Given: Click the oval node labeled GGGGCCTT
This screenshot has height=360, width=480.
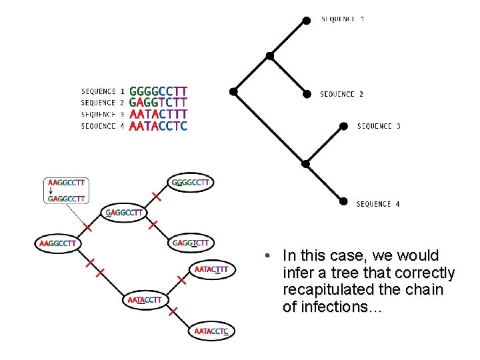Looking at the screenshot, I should pos(191,182).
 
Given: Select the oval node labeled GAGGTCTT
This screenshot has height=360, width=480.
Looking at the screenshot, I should pos(191,243).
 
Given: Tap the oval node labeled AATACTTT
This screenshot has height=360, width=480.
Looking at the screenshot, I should pos(212,269).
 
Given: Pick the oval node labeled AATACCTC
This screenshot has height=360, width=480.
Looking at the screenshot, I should pos(212,331).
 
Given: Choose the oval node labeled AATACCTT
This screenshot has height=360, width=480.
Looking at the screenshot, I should pos(145,300).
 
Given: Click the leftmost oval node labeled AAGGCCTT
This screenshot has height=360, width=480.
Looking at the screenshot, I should pos(58,243).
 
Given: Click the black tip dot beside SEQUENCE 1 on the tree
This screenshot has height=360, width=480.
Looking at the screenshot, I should pos(306,20).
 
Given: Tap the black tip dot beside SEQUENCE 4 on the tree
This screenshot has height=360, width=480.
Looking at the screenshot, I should pos(343,201).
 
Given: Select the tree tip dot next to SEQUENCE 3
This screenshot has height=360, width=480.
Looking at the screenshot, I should pos(343,125).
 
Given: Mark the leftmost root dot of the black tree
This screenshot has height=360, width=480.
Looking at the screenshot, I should pos(233,91).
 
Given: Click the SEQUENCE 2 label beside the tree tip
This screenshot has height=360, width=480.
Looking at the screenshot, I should pos(341,94).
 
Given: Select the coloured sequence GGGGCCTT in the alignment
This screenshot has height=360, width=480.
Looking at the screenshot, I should pos(159,91).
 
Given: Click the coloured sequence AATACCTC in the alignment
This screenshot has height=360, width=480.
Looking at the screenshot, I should pos(159,125).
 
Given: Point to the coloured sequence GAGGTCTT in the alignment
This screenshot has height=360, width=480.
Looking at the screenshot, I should pos(159,103).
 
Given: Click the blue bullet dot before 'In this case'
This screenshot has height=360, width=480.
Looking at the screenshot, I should pos(266,256).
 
